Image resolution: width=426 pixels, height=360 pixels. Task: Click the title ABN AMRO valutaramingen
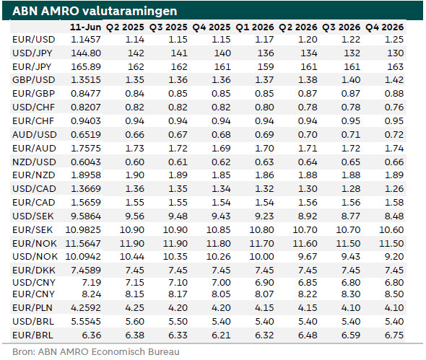coord(95,11)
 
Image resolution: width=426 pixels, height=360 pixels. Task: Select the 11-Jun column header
coord(86,27)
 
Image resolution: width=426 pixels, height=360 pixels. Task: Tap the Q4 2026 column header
coord(384,27)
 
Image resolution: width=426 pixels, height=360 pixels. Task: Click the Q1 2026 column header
coord(255,27)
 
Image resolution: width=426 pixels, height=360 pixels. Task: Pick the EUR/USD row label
coord(34,40)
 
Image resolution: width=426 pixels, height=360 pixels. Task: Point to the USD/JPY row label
coord(32,53)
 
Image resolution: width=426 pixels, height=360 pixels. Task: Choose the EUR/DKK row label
coord(34,271)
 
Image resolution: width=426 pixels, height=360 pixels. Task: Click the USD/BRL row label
coord(33,322)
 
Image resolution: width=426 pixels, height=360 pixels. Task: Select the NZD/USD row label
coord(35,162)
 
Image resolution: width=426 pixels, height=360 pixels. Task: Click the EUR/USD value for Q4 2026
coord(394,40)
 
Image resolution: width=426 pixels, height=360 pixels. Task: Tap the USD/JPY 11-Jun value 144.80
coord(86,53)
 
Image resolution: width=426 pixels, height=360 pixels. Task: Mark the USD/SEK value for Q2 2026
coord(308,216)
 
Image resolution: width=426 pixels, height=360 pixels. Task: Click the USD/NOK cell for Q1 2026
coord(261,257)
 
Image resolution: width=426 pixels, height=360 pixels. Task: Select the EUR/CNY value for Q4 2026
coord(394,294)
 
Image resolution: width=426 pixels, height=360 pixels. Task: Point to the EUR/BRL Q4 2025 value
coord(221,335)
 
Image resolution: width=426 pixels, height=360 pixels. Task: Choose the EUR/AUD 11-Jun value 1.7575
coord(86,149)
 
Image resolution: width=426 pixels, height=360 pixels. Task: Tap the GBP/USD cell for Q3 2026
coord(351,80)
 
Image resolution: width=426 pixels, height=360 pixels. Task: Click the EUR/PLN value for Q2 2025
coord(134,308)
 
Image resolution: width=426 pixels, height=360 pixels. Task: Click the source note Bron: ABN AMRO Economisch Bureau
coord(96,352)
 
